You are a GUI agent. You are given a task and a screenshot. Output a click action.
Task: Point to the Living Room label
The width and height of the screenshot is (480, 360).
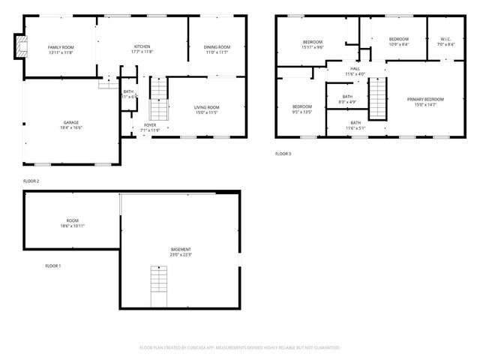tap(207, 110)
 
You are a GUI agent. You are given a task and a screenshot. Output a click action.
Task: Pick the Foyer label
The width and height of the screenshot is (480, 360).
tap(150, 127)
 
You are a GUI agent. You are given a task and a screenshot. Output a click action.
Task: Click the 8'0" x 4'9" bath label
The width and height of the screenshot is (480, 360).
tap(347, 98)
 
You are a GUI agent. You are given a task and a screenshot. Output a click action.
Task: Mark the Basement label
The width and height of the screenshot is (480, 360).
tap(181, 251)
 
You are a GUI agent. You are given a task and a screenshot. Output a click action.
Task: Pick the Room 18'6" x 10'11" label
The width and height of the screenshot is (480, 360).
tap(72, 223)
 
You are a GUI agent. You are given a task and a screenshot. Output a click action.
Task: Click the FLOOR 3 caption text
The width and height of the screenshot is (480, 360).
tap(283, 154)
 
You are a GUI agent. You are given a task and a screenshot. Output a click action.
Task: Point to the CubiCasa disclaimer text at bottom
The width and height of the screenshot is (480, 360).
tap(240, 347)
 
